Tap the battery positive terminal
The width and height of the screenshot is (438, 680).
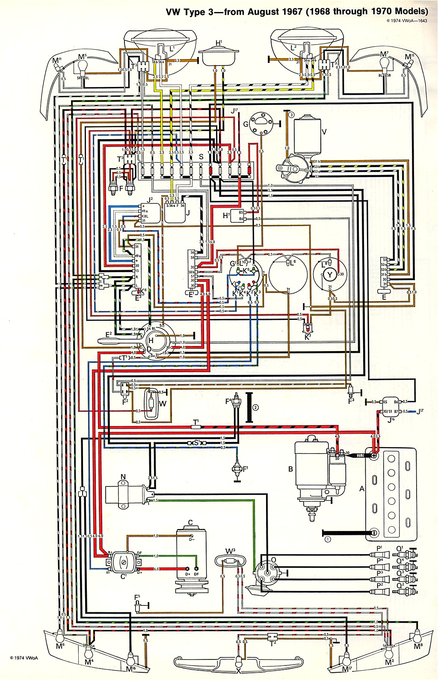374,456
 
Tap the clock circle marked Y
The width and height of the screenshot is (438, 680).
330,274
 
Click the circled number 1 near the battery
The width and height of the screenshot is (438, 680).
328,539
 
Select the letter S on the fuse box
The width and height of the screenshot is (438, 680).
201,157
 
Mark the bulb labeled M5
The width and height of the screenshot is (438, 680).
83,66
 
